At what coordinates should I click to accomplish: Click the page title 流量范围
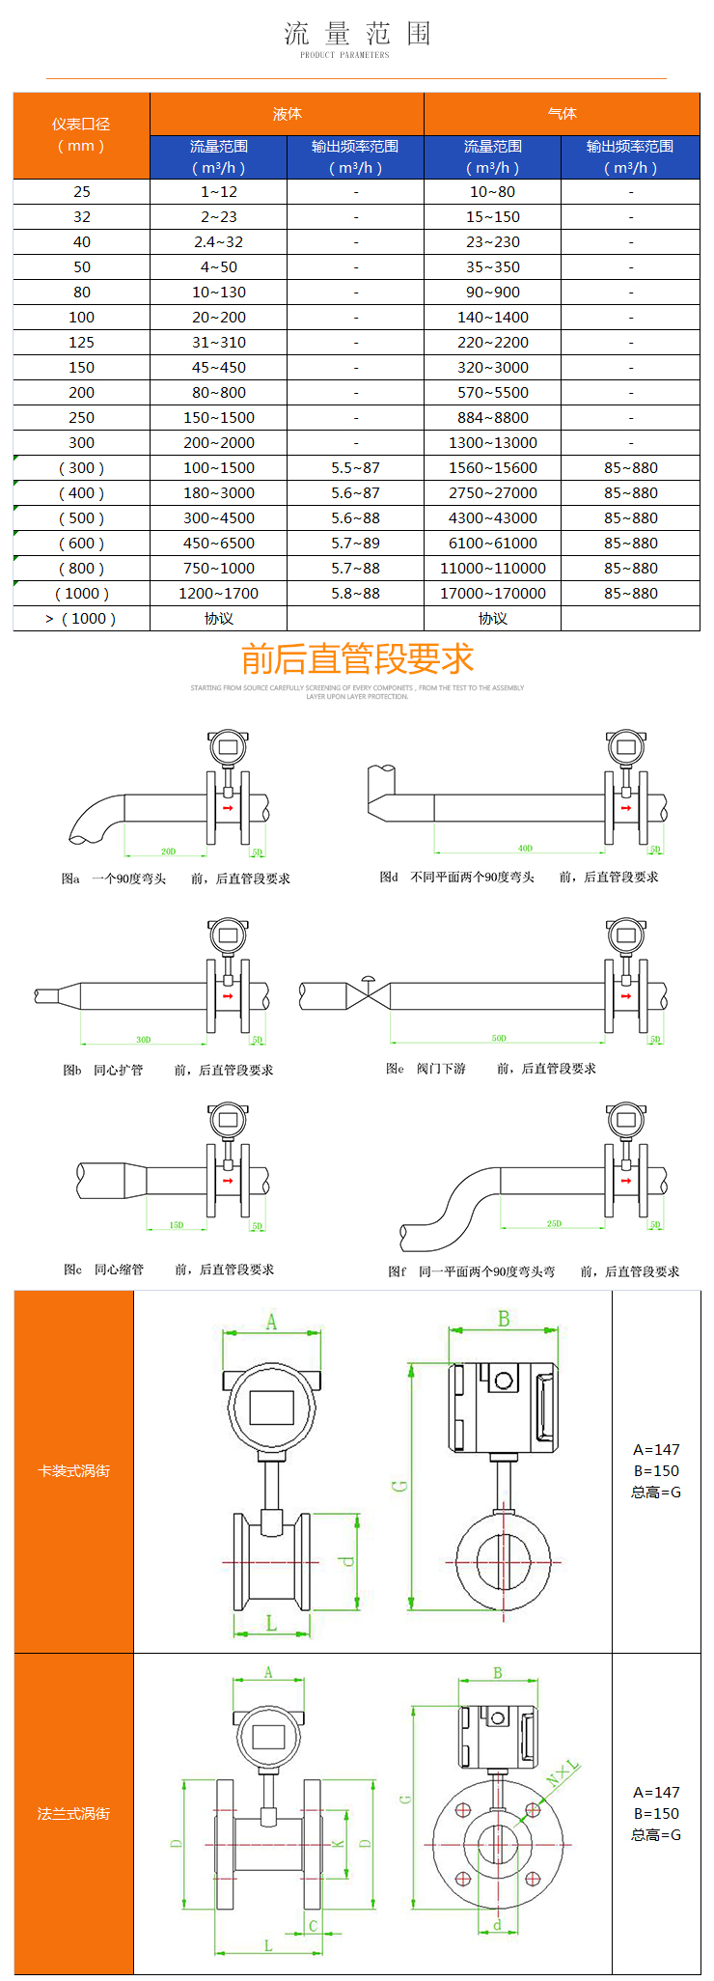tap(357, 35)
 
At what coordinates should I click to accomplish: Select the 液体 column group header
tap(287, 114)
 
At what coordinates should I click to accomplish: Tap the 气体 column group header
tap(562, 114)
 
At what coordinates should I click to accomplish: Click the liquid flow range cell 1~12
tap(219, 192)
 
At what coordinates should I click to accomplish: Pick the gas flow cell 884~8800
tap(493, 418)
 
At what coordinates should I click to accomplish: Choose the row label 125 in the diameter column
tap(82, 343)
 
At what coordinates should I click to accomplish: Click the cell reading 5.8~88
tap(355, 594)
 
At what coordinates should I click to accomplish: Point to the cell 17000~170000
tap(493, 594)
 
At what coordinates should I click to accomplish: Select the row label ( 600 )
tap(82, 544)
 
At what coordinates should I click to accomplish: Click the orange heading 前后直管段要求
tap(357, 659)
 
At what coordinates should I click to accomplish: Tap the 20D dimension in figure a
tap(169, 851)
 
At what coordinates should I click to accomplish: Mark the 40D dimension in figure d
tap(525, 849)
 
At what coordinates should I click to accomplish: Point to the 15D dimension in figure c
tap(177, 1225)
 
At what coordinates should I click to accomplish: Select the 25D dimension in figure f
tap(554, 1223)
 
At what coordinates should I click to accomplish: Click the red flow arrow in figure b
tap(229, 996)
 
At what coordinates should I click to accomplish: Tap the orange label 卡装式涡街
tap(73, 1471)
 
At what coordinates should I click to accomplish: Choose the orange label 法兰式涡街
tap(73, 1814)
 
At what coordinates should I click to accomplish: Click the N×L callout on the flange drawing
tap(563, 1772)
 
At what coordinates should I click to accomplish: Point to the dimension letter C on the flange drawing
tap(313, 1926)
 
